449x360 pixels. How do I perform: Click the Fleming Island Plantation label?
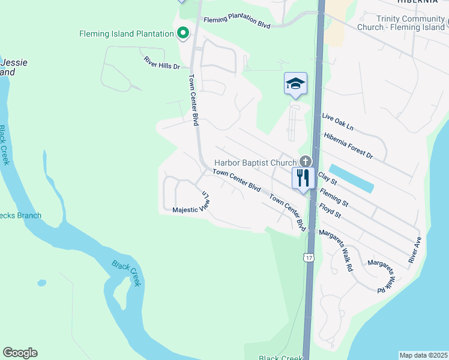point(126,34)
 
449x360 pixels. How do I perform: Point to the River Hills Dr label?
point(162,63)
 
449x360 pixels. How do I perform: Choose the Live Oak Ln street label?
point(338,121)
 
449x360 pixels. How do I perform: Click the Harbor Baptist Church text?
point(256,163)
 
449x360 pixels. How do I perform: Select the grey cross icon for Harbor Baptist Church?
point(306,161)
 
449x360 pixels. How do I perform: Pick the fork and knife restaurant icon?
point(303,177)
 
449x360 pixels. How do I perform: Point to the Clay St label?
point(328,178)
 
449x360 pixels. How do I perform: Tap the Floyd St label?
point(330,211)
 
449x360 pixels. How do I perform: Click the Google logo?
point(20,353)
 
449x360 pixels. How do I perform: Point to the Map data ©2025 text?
point(423,355)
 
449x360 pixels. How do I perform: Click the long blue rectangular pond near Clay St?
point(352,178)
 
